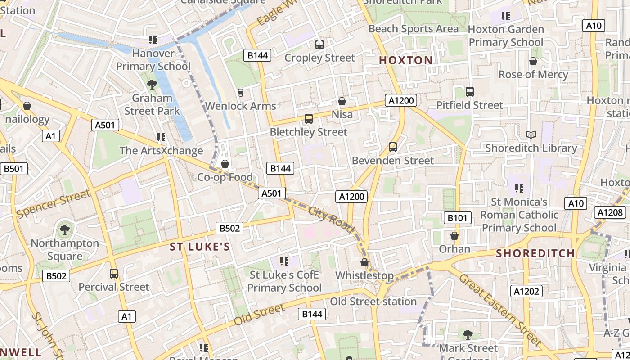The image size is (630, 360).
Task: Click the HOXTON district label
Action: (405, 60)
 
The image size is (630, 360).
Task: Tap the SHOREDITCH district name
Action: (535, 253)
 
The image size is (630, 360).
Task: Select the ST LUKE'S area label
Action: (200, 247)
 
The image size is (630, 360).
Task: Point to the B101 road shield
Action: (458, 218)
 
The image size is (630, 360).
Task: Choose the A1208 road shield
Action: (611, 212)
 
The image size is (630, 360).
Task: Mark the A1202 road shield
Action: (526, 291)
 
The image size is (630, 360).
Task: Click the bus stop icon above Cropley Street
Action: (319, 45)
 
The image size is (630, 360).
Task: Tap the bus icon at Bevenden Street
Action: (392, 147)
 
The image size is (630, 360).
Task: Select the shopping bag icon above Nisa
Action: (342, 101)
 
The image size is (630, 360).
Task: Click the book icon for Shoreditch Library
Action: (531, 135)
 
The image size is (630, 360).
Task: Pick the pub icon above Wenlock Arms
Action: (240, 93)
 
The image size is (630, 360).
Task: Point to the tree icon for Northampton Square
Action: (65, 230)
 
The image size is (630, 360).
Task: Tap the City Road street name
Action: (332, 219)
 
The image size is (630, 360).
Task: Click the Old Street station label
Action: (373, 301)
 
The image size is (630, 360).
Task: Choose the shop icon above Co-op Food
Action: (225, 164)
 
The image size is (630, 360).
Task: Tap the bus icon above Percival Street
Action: (114, 274)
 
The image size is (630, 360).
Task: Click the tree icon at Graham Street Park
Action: (152, 84)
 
